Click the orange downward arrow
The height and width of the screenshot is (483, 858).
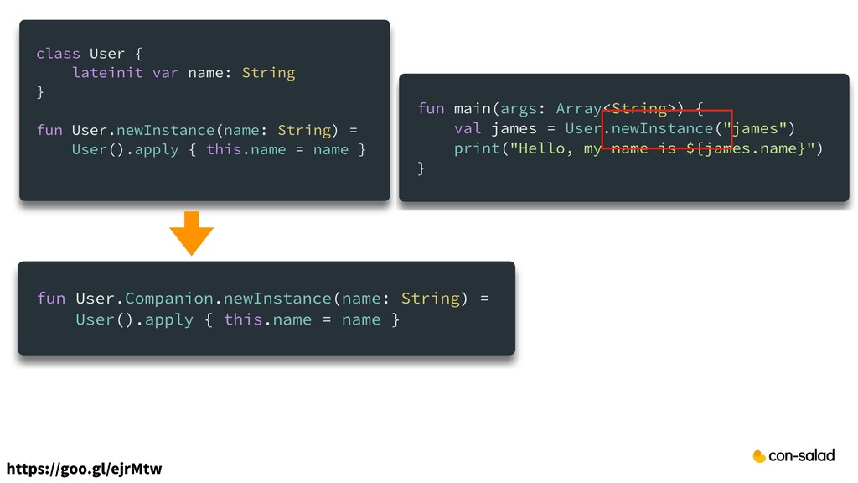[192, 233]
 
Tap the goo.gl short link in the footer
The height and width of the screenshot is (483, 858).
[84, 468]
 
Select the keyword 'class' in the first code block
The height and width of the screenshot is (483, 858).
[58, 54]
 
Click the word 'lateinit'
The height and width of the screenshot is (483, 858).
[108, 73]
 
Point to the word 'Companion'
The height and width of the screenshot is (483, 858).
[170, 299]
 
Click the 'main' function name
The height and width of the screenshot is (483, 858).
[472, 108]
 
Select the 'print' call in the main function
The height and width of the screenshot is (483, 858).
[473, 148]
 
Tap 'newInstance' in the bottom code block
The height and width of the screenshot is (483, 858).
[277, 299]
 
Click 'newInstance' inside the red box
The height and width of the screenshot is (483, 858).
[662, 128]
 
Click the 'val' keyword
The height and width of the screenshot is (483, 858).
[468, 128]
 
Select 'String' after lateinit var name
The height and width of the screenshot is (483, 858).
[268, 73]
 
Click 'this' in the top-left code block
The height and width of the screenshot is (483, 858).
[223, 150]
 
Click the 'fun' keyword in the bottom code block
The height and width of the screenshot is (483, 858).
[50, 299]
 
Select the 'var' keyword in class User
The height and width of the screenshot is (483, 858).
[165, 73]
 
